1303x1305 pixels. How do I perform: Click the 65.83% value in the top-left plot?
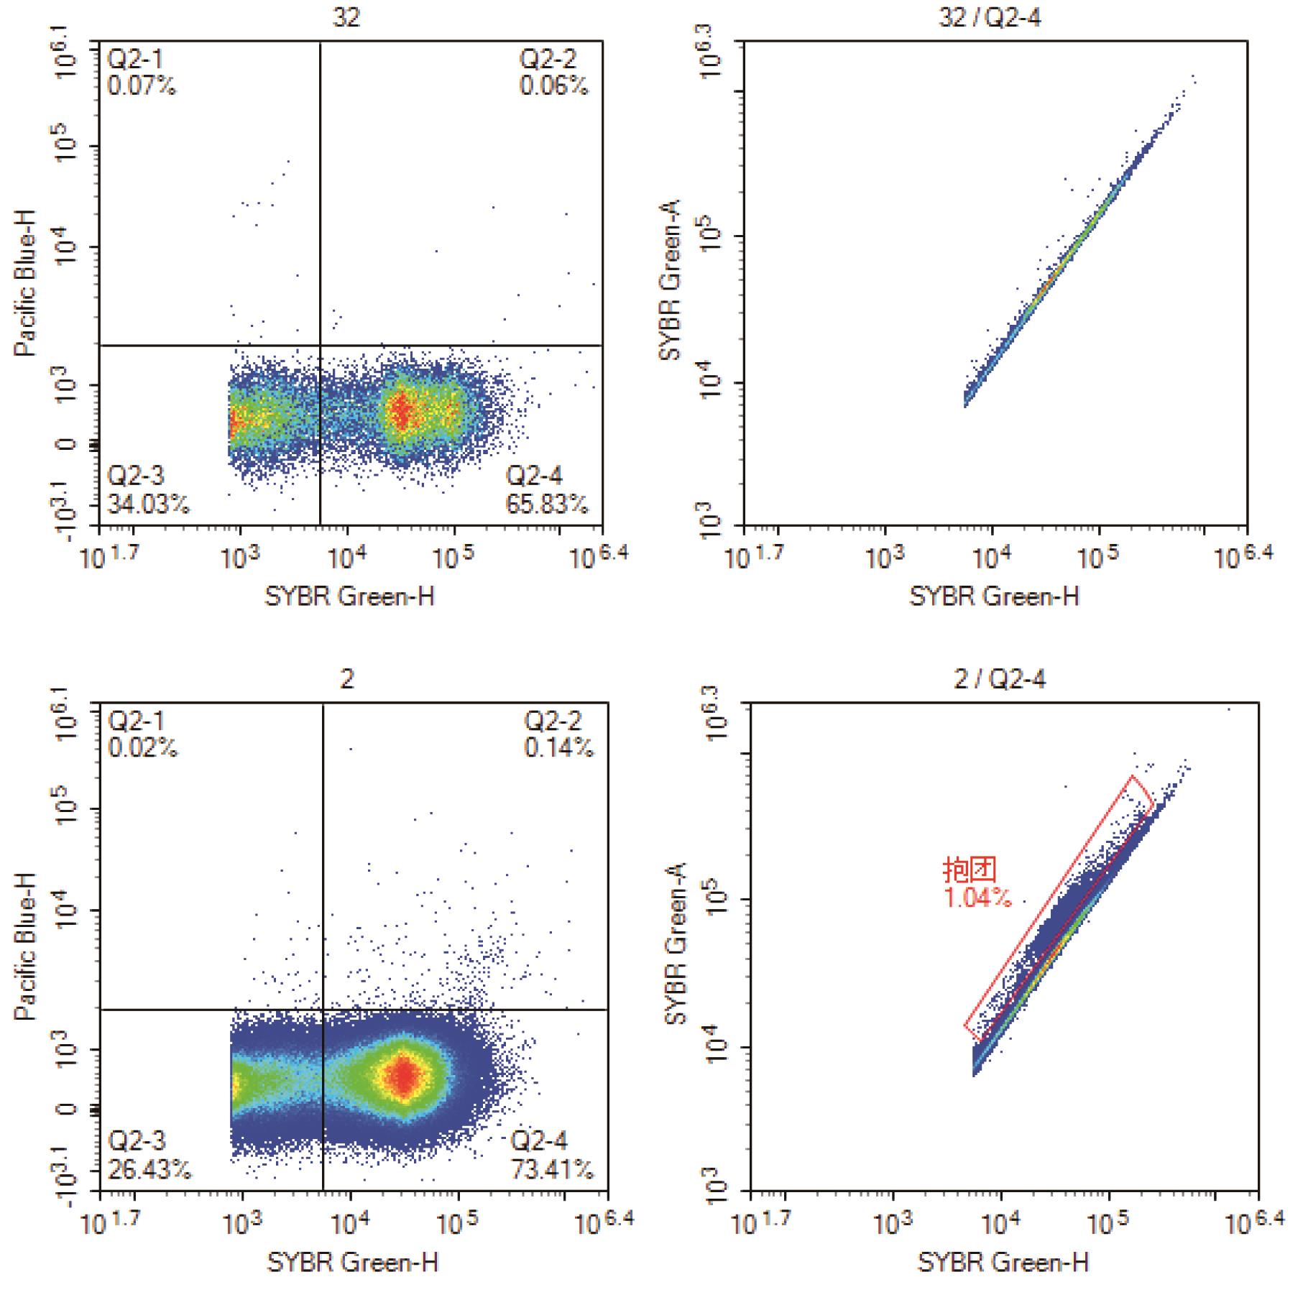click(546, 504)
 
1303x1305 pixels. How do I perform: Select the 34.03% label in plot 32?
click(149, 504)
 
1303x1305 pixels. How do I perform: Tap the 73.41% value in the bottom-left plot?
click(552, 1170)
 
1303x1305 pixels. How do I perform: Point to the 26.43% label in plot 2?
click(149, 1170)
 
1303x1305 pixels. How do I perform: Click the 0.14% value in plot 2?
click(558, 748)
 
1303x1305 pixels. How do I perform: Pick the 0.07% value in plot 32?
click(142, 86)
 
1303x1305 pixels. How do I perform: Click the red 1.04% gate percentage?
click(977, 898)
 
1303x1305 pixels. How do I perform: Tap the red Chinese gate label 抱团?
click(970, 870)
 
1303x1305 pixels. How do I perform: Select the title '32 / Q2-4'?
click(990, 17)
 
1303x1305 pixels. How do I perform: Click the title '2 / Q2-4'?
click(999, 678)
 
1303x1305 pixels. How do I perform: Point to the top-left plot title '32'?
click(346, 17)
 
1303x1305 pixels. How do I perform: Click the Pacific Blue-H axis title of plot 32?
click(26, 284)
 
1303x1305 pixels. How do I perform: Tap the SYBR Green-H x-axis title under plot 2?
click(352, 1262)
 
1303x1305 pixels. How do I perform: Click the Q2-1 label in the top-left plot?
click(135, 60)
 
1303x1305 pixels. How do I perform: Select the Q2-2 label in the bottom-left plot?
click(553, 721)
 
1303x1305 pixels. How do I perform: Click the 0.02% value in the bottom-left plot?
click(142, 748)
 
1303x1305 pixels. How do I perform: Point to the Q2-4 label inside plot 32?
click(534, 476)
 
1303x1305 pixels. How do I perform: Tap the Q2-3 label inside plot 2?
click(137, 1140)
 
